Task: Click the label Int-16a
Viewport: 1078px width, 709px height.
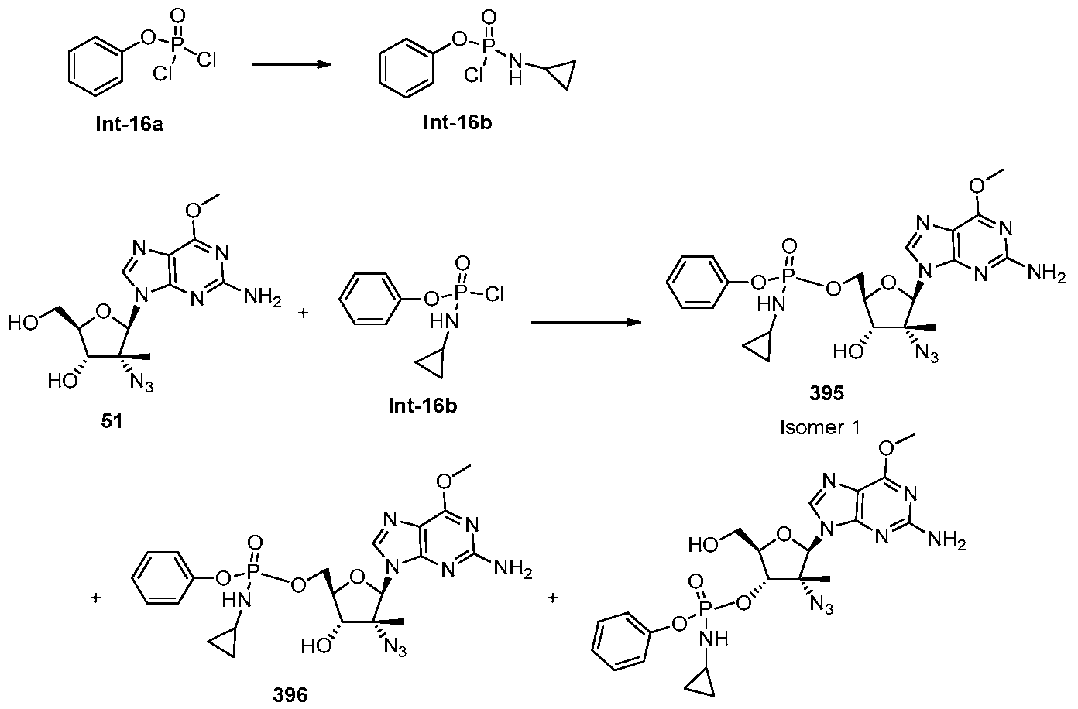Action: pos(129,125)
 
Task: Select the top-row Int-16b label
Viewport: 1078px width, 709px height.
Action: pos(458,122)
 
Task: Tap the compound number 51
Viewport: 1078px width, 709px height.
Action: pos(112,421)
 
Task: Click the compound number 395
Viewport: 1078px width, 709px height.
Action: pos(826,393)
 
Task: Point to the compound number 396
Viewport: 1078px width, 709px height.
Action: pos(290,694)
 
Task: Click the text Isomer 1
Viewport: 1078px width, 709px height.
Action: pos(819,426)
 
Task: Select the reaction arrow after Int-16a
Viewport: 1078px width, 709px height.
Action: pos(292,64)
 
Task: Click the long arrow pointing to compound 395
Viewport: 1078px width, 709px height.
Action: pos(586,322)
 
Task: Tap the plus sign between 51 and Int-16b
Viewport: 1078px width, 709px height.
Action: pos(303,313)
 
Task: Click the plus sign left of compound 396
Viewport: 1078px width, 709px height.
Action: pos(96,598)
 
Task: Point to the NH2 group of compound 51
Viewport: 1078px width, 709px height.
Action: pos(263,296)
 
